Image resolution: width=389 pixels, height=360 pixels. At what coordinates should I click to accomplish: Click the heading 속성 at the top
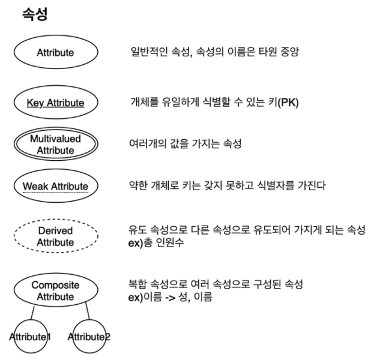(34, 15)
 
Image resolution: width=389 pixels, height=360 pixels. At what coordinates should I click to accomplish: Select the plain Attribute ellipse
(55, 52)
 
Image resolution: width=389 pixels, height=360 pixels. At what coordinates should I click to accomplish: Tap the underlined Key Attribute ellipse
(55, 103)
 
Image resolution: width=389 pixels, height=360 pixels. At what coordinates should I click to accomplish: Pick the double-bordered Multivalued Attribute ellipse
(55, 145)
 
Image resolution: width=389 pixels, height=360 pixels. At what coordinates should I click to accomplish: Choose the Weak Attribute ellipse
(55, 186)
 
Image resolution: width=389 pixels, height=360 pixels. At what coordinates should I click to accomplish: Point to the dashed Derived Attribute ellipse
(55, 236)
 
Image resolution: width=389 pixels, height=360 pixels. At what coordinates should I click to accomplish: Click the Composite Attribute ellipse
(55, 290)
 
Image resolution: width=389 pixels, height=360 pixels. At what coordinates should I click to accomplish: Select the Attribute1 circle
(29, 337)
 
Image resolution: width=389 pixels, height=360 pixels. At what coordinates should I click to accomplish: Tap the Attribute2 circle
(89, 337)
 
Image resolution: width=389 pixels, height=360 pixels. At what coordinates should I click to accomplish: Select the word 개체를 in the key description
(143, 103)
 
